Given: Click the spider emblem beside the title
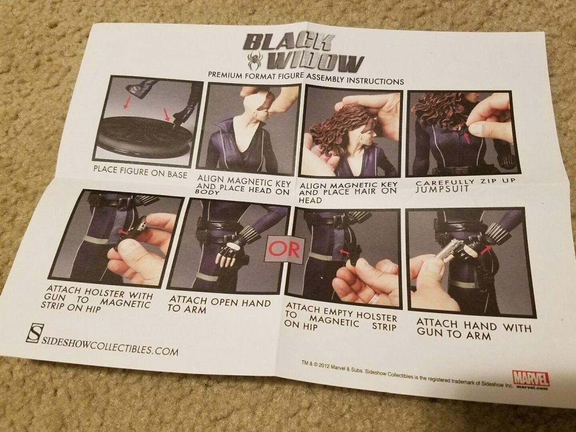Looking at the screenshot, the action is click(255, 60).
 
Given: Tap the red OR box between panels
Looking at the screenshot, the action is click(285, 249).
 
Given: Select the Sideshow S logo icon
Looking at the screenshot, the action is click(34, 334).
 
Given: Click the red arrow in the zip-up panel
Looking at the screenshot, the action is click(466, 138).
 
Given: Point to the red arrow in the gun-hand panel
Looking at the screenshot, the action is click(485, 249).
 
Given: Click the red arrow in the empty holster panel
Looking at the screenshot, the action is click(344, 252).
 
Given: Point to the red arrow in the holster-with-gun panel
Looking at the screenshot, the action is click(124, 232).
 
